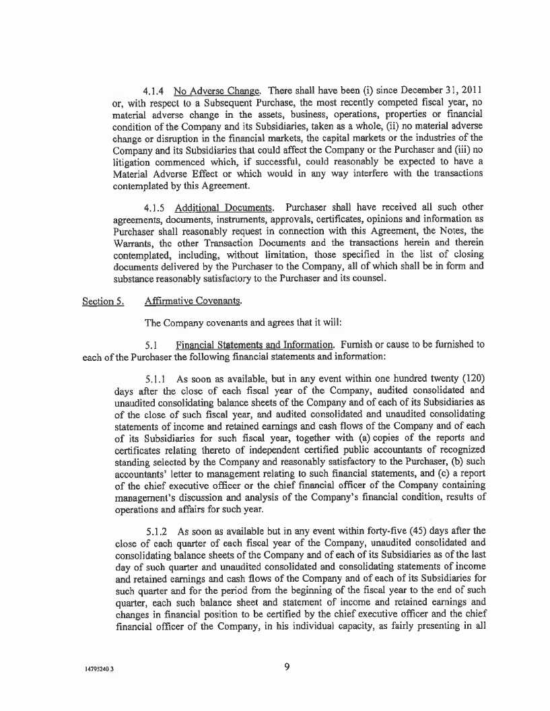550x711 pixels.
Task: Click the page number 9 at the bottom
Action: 287,667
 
